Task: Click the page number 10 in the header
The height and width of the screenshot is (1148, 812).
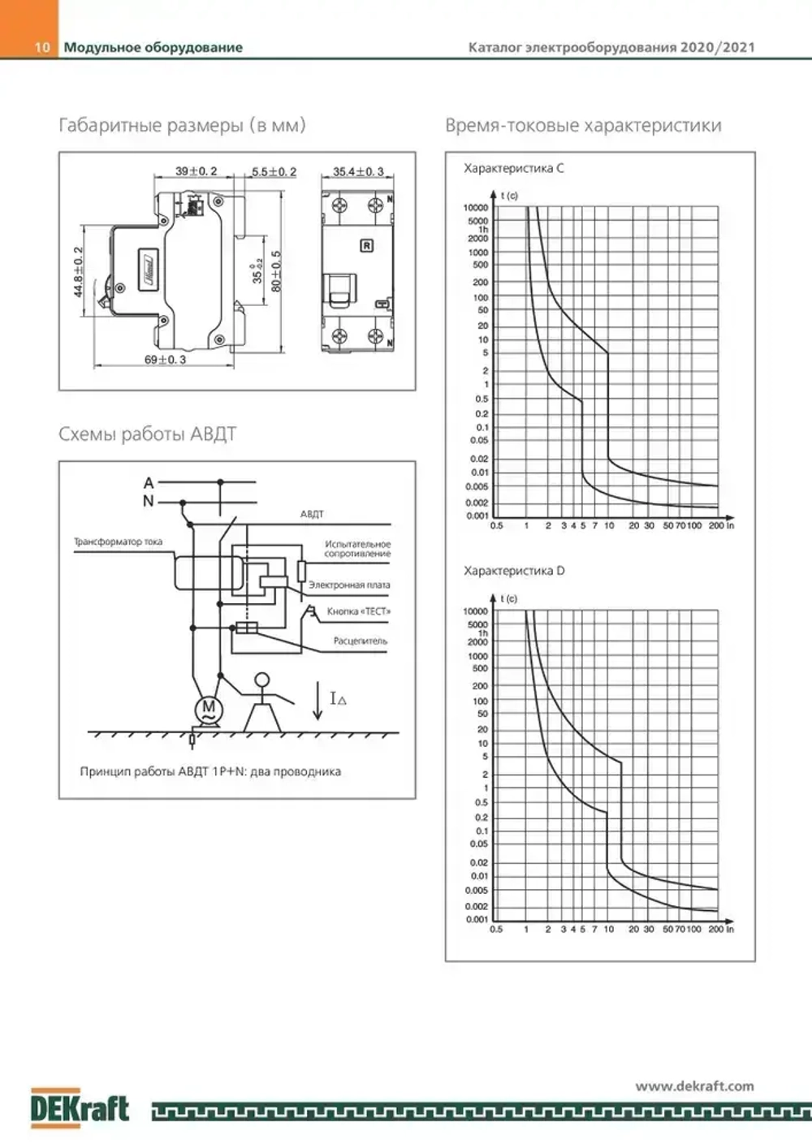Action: click(42, 47)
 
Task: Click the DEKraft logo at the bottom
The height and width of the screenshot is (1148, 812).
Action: click(80, 1107)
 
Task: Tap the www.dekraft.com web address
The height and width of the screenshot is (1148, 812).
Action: click(694, 1085)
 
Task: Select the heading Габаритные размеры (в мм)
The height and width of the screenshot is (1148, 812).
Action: click(182, 125)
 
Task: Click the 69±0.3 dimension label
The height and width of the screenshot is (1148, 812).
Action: click(165, 359)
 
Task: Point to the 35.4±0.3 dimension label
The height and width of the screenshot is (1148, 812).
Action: click(358, 171)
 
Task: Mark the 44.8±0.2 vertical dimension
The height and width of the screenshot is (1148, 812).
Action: click(79, 272)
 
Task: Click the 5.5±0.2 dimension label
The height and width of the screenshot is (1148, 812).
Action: click(274, 171)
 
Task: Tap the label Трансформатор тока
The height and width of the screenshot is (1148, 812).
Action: click(118, 542)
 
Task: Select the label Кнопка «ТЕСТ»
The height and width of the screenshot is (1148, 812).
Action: click(358, 611)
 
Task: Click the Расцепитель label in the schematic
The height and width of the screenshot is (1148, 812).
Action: click(360, 641)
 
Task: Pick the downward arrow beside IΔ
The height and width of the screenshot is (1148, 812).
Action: click(317, 702)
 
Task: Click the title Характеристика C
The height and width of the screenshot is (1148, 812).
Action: click(513, 168)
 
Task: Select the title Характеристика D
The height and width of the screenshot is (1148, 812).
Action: click(514, 571)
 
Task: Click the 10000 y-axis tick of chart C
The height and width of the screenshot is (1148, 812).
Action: click(476, 208)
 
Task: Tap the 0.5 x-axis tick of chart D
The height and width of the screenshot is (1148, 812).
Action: click(496, 929)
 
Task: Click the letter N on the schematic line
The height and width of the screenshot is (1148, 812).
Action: click(148, 501)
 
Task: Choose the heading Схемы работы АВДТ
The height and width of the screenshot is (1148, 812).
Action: click(147, 434)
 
